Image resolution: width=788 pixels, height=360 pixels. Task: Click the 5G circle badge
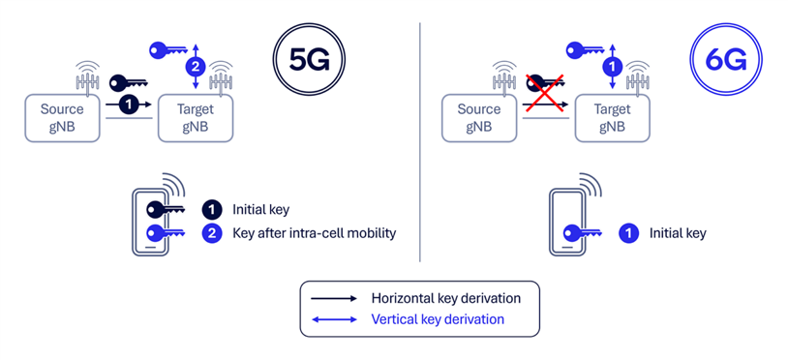[x=310, y=59]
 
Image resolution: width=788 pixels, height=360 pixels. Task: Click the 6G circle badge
[x=726, y=59]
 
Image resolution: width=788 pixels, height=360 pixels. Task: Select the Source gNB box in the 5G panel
[x=62, y=117]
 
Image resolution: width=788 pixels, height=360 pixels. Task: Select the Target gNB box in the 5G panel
[x=196, y=117]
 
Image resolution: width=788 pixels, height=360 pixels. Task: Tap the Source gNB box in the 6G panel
[x=478, y=117]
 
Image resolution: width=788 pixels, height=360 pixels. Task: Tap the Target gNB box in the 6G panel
[x=613, y=117]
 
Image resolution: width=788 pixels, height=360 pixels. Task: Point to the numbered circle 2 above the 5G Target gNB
[x=195, y=67]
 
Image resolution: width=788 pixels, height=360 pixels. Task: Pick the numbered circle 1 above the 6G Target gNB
[x=610, y=67]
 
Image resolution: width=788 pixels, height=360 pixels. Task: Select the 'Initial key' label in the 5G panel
[x=260, y=209]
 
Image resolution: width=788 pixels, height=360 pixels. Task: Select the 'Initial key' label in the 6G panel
[x=678, y=233]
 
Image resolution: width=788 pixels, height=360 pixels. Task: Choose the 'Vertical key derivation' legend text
[x=438, y=319]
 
